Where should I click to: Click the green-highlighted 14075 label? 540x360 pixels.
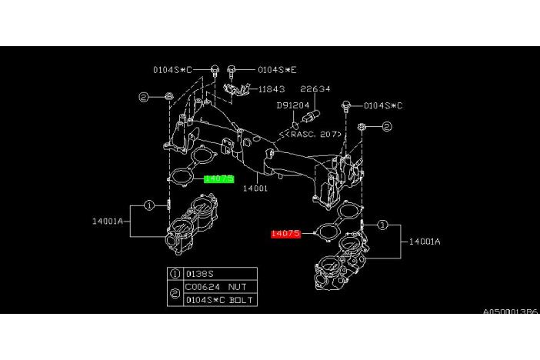[219, 178]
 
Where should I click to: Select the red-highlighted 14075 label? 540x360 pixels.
[285, 233]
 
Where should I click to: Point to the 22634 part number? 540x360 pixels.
[315, 89]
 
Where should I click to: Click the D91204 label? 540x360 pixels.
[294, 105]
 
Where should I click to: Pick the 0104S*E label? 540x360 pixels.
[277, 69]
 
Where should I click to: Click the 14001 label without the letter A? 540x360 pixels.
[255, 188]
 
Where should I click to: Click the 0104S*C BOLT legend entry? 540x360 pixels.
[219, 299]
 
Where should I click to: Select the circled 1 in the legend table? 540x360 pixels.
[175, 273]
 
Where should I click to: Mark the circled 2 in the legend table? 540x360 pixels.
[175, 293]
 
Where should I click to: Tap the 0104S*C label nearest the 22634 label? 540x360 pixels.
[383, 105]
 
